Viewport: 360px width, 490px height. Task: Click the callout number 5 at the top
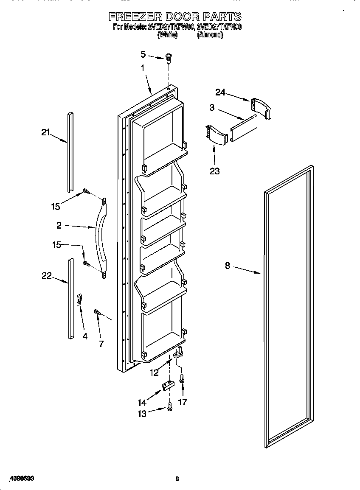pyautogui.click(x=143, y=54)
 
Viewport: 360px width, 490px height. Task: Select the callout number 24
pyautogui.click(x=220, y=92)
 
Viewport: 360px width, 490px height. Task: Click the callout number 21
pyautogui.click(x=45, y=132)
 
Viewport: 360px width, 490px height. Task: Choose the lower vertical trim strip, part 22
pyautogui.click(x=70, y=299)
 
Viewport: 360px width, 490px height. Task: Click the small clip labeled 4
pyautogui.click(x=79, y=300)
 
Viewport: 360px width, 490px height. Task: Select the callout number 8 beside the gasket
pyautogui.click(x=228, y=266)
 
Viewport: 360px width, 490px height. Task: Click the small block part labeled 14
pyautogui.click(x=168, y=386)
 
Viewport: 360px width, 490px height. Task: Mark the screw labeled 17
pyautogui.click(x=182, y=378)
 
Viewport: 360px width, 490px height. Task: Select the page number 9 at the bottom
pyautogui.click(x=177, y=479)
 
